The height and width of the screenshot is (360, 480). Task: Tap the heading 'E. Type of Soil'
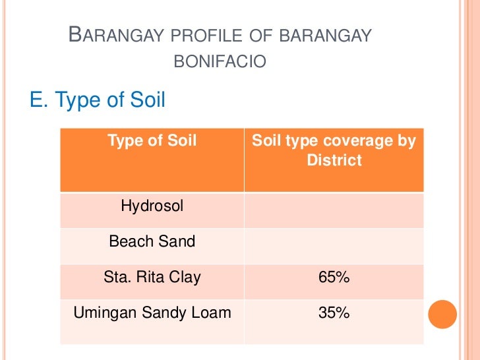(x=98, y=100)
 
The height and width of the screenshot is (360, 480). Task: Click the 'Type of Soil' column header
(x=152, y=140)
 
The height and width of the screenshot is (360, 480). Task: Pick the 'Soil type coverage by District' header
(x=334, y=150)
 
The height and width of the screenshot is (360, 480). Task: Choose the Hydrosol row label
(x=152, y=206)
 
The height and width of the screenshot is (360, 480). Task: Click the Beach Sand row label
(x=152, y=241)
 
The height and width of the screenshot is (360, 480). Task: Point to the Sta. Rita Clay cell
(x=152, y=277)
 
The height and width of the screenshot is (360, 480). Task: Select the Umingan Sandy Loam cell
(x=152, y=313)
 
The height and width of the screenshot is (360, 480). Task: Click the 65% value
(x=334, y=278)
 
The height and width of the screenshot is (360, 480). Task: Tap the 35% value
(x=334, y=313)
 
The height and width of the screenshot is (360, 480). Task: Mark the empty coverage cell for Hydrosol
(x=334, y=210)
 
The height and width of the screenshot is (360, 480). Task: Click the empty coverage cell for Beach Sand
(x=334, y=245)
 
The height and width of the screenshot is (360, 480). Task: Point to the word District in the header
(x=334, y=160)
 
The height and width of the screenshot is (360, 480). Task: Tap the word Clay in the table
(x=184, y=277)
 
